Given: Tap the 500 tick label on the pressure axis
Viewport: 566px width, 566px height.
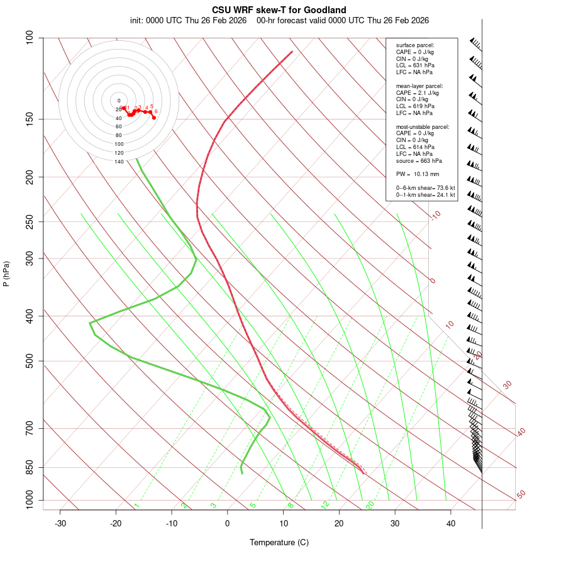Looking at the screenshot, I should (x=30, y=361).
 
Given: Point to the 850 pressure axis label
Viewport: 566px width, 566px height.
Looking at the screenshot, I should (x=30, y=467).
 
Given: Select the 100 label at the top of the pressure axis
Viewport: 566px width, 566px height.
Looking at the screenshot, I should (x=30, y=38).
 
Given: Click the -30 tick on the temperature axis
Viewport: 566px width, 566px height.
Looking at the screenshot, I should (x=60, y=523).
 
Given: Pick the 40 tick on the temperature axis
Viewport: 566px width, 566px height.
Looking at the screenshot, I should (x=451, y=523).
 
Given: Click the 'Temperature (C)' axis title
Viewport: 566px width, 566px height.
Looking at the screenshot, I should (x=279, y=542).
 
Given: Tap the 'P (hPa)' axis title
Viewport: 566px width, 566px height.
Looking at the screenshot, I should (x=6, y=274).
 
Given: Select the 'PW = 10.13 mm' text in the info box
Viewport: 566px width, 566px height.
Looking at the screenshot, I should (x=418, y=174).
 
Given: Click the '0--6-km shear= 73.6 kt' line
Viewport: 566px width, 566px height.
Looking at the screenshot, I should (x=425, y=188).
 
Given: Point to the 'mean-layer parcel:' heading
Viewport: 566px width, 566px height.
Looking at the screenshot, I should (x=419, y=86).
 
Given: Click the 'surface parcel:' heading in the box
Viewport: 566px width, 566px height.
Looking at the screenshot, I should (x=415, y=45).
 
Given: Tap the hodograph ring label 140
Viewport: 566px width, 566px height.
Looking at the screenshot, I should (x=119, y=162).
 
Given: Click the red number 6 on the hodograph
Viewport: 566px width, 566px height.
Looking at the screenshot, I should (x=156, y=112).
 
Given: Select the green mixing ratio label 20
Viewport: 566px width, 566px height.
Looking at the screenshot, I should (x=370, y=504).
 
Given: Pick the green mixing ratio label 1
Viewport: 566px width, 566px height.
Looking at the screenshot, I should (x=136, y=506).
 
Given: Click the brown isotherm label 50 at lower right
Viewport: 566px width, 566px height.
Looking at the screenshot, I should (x=521, y=494).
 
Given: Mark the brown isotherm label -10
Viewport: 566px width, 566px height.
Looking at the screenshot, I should (x=435, y=215).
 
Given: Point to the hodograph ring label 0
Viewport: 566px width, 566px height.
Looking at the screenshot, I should (x=119, y=101).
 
